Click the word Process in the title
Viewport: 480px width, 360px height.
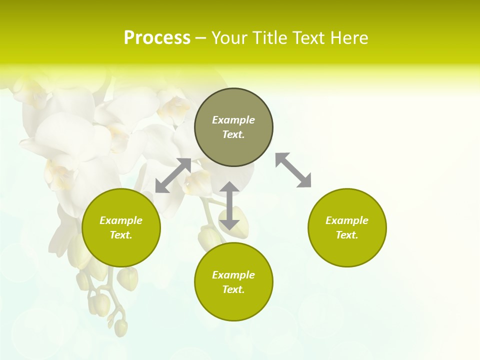pyautogui.click(x=157, y=38)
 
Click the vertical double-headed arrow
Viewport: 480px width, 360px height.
pyautogui.click(x=229, y=205)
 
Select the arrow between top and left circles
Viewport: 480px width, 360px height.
pyautogui.click(x=173, y=175)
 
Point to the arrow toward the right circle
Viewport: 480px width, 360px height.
pyautogui.click(x=293, y=170)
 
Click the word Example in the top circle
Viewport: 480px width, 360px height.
pyautogui.click(x=233, y=120)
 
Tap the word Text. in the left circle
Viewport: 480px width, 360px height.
pyautogui.click(x=121, y=235)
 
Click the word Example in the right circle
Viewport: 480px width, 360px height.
pyautogui.click(x=347, y=220)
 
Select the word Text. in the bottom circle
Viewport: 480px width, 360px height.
pyautogui.click(x=233, y=289)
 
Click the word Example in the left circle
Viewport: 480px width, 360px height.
pyautogui.click(x=121, y=220)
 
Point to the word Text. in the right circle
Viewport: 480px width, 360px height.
pyautogui.click(x=347, y=235)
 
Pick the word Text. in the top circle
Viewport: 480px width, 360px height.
pyautogui.click(x=233, y=134)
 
